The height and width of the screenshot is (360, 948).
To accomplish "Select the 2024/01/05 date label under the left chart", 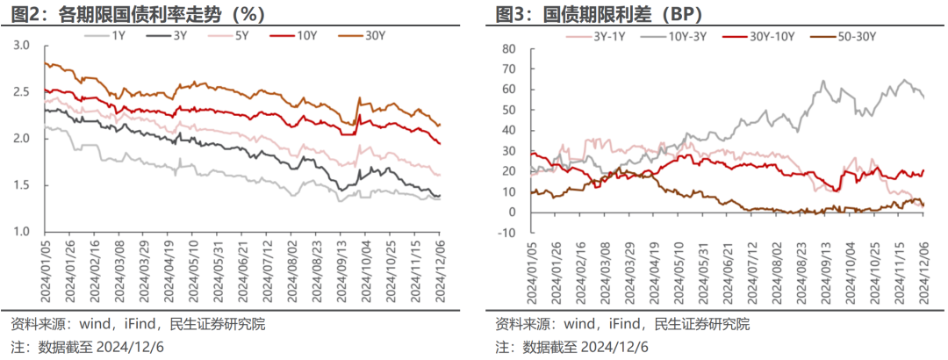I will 44,270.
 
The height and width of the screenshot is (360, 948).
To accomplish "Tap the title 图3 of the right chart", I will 513,13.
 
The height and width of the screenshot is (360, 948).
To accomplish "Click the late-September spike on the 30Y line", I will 358,98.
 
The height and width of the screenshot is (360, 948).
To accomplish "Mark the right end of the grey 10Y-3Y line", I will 923,97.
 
